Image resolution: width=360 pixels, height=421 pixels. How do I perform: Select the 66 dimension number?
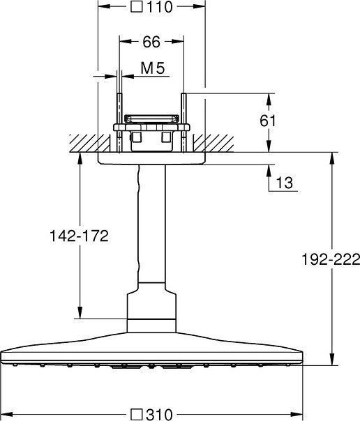click(x=151, y=43)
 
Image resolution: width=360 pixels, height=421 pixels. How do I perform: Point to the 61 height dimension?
click(x=267, y=121)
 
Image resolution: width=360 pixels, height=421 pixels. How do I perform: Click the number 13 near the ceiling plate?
click(x=283, y=183)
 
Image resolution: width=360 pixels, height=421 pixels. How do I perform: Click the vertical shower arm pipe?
click(x=152, y=223)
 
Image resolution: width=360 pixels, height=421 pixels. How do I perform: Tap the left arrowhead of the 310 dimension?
click(x=6, y=413)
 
